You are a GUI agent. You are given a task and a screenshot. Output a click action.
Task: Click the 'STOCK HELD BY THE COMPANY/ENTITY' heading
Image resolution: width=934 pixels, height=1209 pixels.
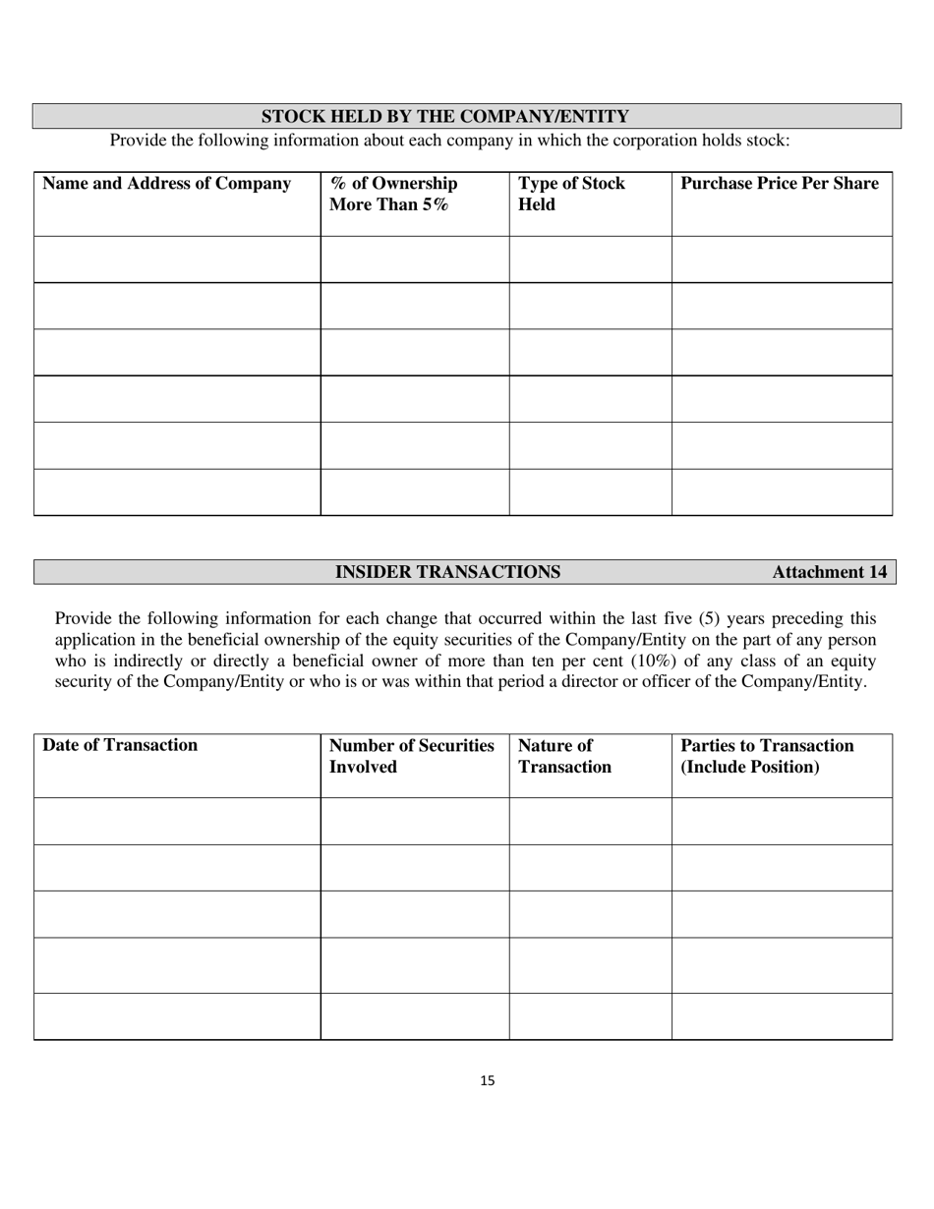(x=444, y=117)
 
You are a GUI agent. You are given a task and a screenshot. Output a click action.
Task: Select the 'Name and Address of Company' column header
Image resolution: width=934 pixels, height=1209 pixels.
(x=167, y=184)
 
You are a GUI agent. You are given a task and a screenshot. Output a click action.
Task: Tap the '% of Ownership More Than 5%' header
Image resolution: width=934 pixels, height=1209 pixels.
(x=393, y=195)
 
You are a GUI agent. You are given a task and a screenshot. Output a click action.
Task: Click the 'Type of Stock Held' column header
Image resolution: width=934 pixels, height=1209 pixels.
(x=571, y=195)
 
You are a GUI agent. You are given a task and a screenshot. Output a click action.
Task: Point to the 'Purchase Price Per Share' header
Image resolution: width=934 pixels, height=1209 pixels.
(x=780, y=184)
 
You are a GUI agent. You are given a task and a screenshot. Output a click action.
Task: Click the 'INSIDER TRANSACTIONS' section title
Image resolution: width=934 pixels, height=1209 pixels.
(x=447, y=572)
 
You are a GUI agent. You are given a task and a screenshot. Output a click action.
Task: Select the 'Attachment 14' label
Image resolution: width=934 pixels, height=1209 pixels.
(x=829, y=572)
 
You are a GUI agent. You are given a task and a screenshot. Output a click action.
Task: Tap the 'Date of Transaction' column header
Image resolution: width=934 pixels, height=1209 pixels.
(x=120, y=745)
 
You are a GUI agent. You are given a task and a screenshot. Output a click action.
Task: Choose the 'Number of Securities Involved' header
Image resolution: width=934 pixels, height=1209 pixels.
(x=411, y=756)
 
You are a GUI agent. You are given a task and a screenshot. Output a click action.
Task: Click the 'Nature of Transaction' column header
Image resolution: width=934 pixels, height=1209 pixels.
(x=564, y=756)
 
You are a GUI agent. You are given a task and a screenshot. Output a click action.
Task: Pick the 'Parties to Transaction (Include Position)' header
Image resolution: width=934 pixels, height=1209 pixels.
(x=767, y=756)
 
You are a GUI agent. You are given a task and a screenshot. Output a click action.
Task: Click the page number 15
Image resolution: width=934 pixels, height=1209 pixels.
(x=488, y=1081)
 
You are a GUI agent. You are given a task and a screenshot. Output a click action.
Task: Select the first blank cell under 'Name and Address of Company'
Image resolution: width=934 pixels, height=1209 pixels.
(x=177, y=259)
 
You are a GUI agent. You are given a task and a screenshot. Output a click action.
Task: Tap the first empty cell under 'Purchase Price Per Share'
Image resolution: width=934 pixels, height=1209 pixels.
(x=782, y=259)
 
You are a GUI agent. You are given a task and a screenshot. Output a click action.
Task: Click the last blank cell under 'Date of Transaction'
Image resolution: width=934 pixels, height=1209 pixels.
(x=177, y=1016)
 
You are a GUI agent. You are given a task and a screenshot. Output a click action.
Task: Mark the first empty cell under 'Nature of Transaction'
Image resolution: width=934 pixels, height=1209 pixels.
(x=590, y=821)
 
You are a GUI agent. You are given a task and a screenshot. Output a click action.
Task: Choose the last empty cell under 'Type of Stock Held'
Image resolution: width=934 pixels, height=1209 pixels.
(x=590, y=492)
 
